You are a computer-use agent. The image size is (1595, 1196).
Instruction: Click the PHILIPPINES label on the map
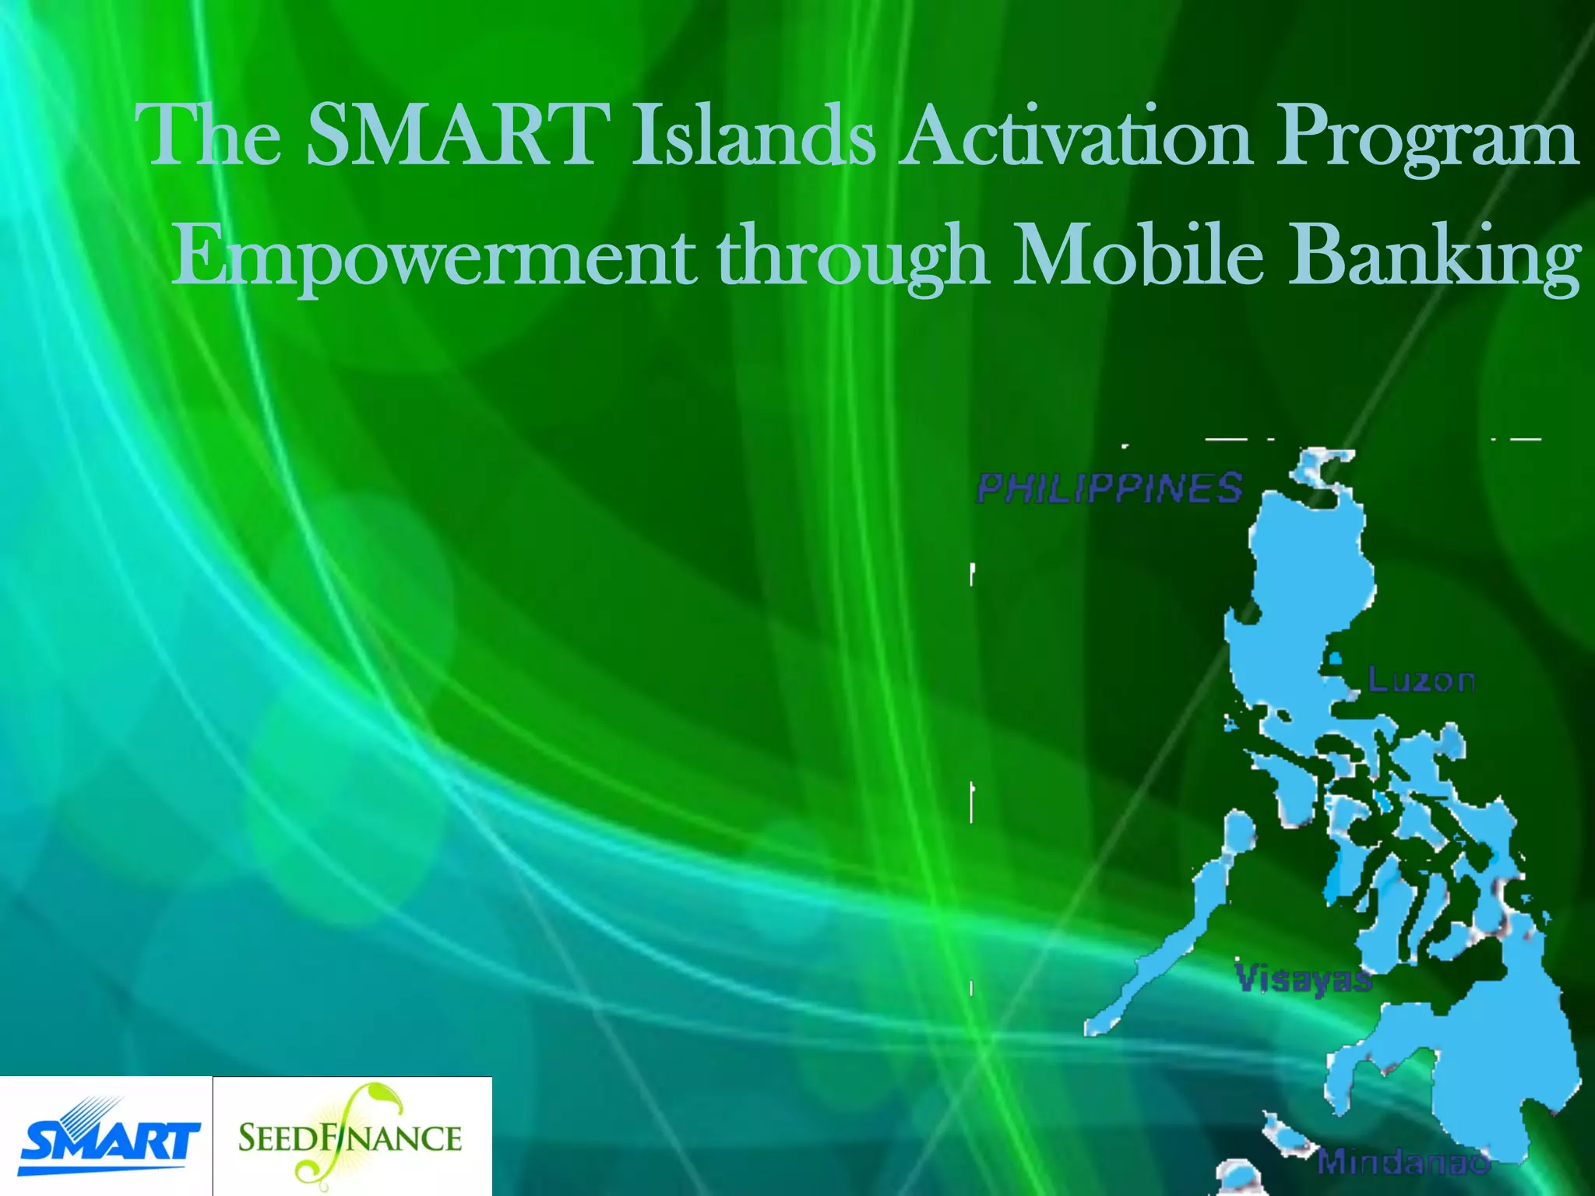(x=1109, y=488)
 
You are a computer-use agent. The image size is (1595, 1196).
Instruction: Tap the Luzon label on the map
(x=1421, y=681)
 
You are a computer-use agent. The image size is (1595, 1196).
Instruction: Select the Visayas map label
(x=1304, y=979)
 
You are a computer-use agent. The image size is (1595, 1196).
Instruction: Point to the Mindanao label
(x=1402, y=1162)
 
